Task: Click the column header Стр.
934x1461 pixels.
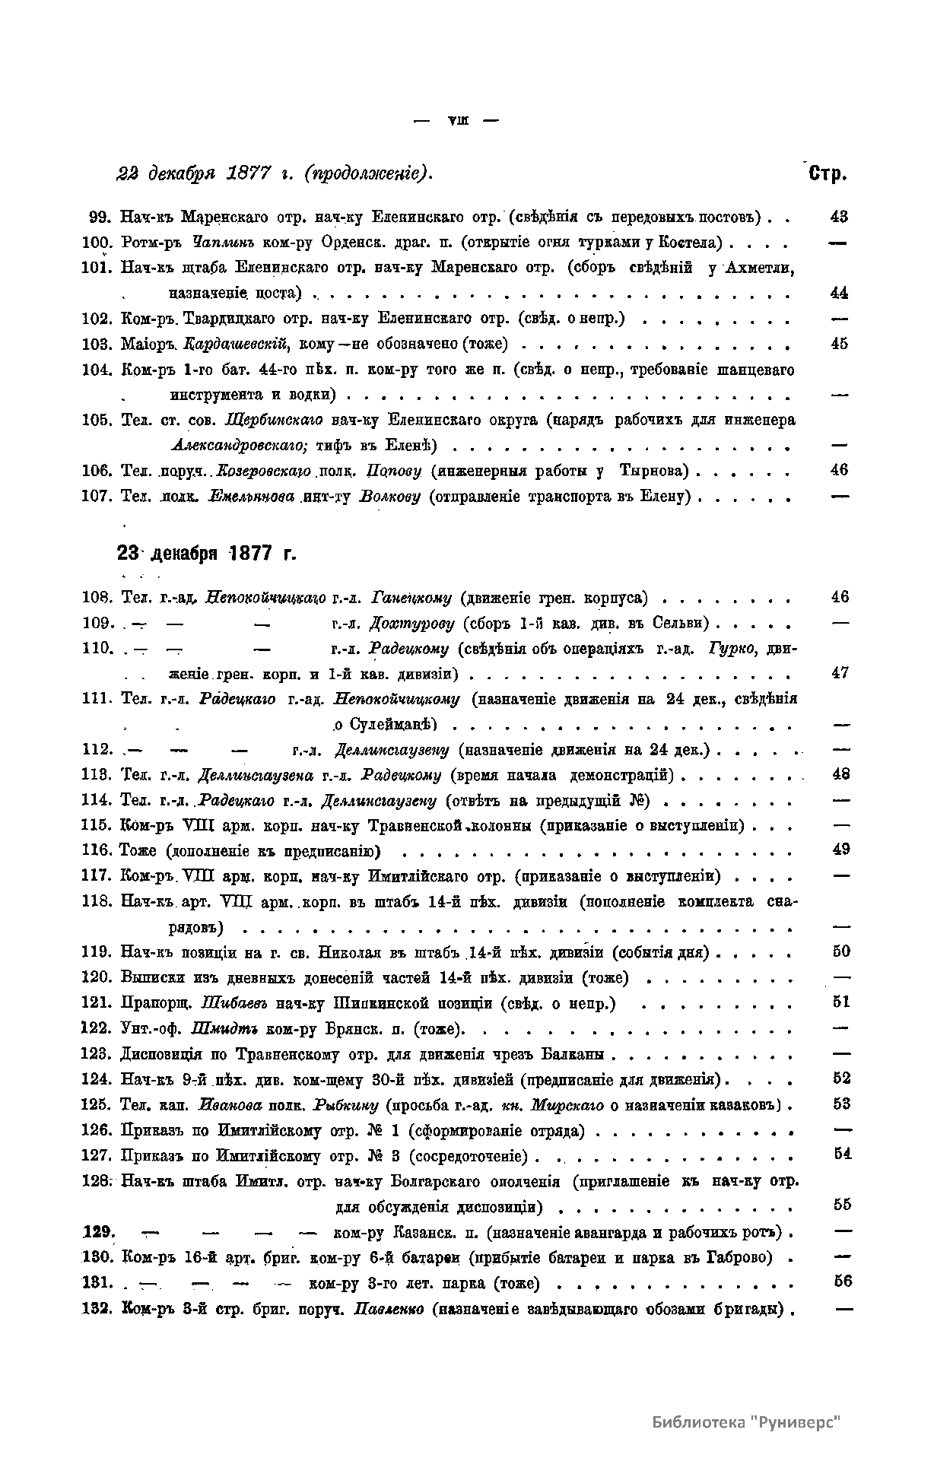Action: point(828,174)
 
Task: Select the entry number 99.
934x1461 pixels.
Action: point(101,217)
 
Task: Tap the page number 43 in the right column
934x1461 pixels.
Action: point(839,217)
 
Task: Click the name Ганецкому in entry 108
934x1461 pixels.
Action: point(411,598)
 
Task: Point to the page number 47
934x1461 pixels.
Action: point(840,673)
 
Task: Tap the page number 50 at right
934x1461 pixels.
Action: point(840,951)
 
